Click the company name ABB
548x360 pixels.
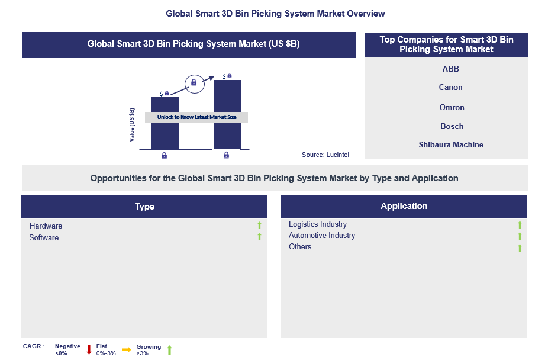(x=450, y=69)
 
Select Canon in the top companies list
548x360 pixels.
(x=450, y=88)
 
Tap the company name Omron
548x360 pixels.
(x=452, y=107)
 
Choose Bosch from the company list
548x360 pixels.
(x=452, y=126)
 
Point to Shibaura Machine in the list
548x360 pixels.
(x=451, y=144)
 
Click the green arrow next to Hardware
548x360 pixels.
(x=259, y=226)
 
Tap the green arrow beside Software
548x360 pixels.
(x=259, y=237)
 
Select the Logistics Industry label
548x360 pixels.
(x=317, y=224)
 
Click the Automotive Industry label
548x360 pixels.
(x=321, y=236)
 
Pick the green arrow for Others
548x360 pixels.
(x=520, y=247)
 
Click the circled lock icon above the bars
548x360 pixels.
(x=194, y=83)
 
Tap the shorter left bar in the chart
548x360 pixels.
(x=165, y=133)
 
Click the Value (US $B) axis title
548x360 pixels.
(x=132, y=124)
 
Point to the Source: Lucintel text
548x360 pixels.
(x=325, y=155)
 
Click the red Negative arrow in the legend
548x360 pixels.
(x=89, y=349)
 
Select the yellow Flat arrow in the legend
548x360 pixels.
(x=126, y=349)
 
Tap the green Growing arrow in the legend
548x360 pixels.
(x=169, y=349)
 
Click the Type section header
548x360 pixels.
(x=144, y=207)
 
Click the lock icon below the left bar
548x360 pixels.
(x=164, y=156)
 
